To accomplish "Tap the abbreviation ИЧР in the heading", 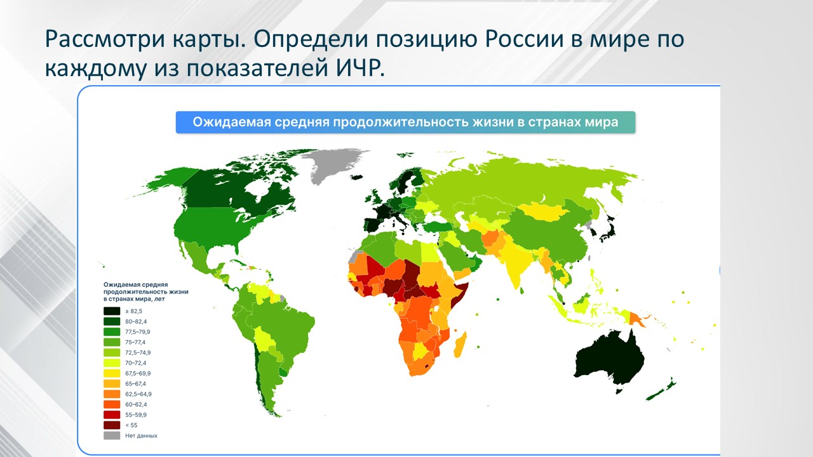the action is pyautogui.click(x=358, y=68).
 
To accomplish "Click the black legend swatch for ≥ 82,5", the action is pyautogui.click(x=112, y=311).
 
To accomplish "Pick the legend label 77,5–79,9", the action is pyautogui.click(x=138, y=332).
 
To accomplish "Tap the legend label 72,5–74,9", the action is pyautogui.click(x=138, y=352).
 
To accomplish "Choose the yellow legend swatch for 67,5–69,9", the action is pyautogui.click(x=112, y=373).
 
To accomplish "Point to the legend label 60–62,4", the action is pyautogui.click(x=135, y=404).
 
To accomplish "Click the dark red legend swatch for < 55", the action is pyautogui.click(x=112, y=425).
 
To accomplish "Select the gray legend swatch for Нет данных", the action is pyautogui.click(x=112, y=435).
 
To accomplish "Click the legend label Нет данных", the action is pyautogui.click(x=141, y=435).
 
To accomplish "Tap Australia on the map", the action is pyautogui.click(x=609, y=359).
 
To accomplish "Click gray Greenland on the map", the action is pyautogui.click(x=334, y=165).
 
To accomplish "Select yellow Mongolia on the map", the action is pyautogui.click(x=542, y=212).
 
